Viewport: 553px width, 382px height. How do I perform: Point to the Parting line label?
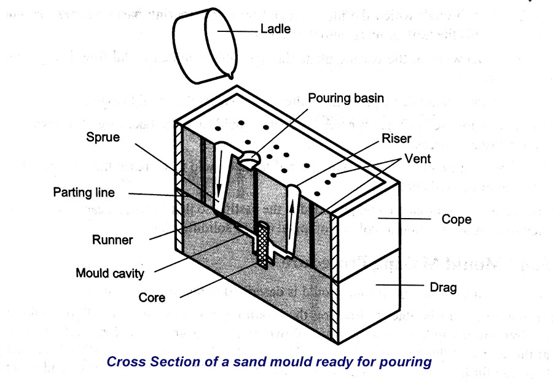click(x=84, y=192)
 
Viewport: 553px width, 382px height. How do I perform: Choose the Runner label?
click(x=112, y=240)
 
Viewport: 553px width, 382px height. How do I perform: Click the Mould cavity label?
click(x=110, y=272)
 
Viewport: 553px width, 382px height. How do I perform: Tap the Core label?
click(x=152, y=298)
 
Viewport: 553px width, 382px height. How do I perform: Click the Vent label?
click(x=418, y=159)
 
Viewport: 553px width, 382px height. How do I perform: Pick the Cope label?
click(x=457, y=219)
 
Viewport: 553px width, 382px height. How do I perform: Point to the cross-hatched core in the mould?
click(x=263, y=246)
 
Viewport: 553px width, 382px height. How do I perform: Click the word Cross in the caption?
click(x=127, y=361)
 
